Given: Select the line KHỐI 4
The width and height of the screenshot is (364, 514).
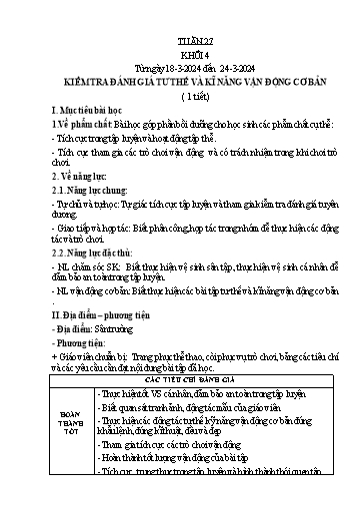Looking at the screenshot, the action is pos(182,29).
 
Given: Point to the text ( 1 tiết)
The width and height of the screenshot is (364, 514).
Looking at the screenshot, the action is pos(182,71).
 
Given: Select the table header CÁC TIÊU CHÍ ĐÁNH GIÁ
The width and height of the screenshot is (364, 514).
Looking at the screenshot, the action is pos(181,380).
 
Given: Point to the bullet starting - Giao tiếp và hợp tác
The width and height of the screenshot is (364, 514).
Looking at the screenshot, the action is pos(180,236).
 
